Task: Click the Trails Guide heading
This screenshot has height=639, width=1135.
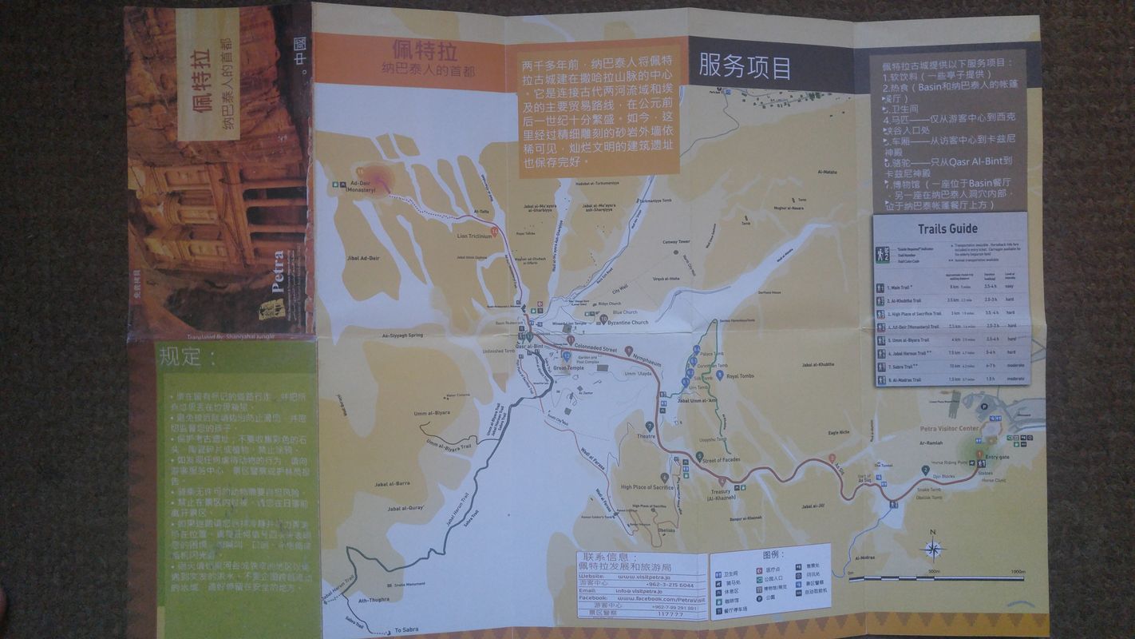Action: (947, 228)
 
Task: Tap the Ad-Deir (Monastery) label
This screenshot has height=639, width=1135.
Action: (362, 188)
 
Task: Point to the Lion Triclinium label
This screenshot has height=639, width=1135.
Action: (474, 236)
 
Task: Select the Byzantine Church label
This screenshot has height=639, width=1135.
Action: (629, 322)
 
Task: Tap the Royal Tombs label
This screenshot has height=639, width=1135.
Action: (740, 375)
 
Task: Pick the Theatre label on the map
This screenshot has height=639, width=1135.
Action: (646, 436)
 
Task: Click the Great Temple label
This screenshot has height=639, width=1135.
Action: (569, 368)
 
